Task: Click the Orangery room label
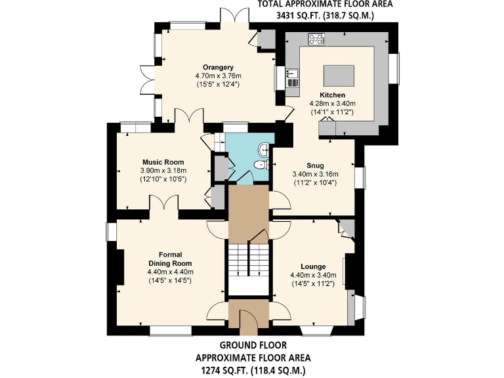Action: coord(219,67)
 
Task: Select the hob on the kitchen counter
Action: coord(316,40)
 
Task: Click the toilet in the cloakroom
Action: coord(261,164)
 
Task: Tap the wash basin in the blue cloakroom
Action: coord(264,148)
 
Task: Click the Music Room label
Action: coord(163,162)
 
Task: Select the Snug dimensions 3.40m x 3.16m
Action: coord(314,174)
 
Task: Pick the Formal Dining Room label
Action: coord(170,259)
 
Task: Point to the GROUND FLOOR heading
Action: coord(252,345)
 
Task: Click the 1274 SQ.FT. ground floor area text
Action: coord(252,371)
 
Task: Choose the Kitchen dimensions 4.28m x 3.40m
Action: coord(332,104)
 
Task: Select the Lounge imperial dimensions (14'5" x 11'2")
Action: coord(312,283)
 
